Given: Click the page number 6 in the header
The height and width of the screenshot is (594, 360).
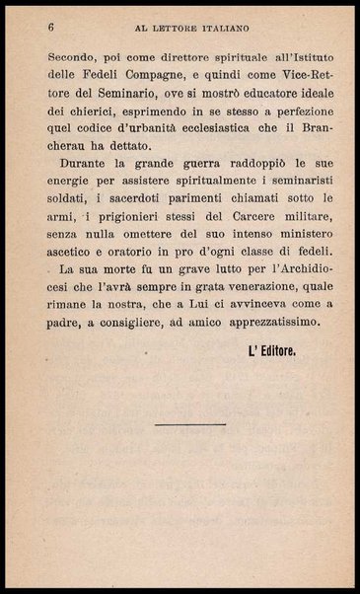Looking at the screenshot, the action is pos(49,29).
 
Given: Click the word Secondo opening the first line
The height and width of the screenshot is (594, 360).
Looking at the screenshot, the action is pos(74,58).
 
